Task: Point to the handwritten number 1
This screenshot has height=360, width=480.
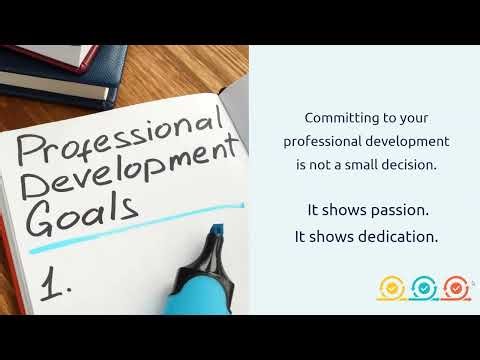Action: (55, 284)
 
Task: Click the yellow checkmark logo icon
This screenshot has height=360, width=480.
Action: (391, 288)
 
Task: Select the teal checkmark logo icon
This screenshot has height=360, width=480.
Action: (423, 288)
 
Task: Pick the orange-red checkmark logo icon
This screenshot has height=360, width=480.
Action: (456, 288)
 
